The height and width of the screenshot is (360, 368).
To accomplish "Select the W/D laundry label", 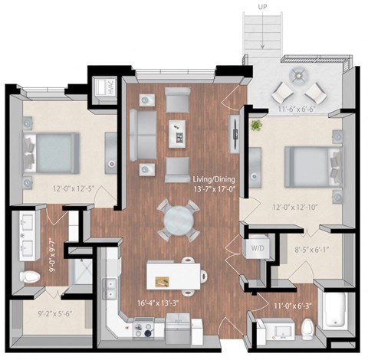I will (x=256, y=248).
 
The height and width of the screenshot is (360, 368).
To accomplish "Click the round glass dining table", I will (x=177, y=221).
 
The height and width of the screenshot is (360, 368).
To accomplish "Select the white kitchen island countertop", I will (x=175, y=272).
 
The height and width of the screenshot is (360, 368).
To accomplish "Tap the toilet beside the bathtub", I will (x=307, y=328).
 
